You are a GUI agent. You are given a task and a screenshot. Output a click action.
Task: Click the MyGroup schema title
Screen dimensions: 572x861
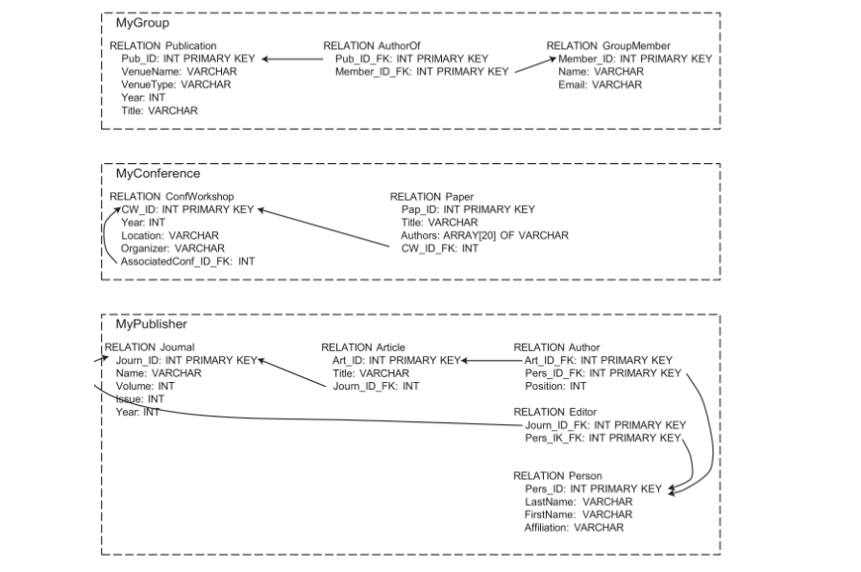point(136,23)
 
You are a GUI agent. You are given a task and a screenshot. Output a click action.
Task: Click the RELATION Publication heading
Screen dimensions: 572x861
point(162,45)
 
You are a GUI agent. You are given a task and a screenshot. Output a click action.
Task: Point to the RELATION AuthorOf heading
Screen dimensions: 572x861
point(372,45)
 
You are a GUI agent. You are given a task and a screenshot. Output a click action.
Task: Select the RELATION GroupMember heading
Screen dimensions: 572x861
point(608,45)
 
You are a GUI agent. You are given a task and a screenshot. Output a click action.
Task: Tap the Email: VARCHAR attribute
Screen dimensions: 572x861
point(600,84)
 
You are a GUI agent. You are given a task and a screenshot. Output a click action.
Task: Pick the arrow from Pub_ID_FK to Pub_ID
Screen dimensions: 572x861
point(293,59)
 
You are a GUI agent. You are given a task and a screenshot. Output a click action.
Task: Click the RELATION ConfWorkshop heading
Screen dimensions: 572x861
point(172,196)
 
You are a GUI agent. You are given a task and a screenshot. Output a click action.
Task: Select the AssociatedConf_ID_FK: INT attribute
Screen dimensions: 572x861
point(188,261)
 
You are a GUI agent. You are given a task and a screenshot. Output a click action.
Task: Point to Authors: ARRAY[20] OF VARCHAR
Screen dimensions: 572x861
point(484,235)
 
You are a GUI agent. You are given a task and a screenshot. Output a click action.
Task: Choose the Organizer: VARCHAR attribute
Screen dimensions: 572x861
point(173,248)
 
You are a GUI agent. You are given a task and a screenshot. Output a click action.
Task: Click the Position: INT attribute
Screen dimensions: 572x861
point(555,387)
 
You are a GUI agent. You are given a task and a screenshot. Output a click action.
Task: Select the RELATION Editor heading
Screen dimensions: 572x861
point(555,412)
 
